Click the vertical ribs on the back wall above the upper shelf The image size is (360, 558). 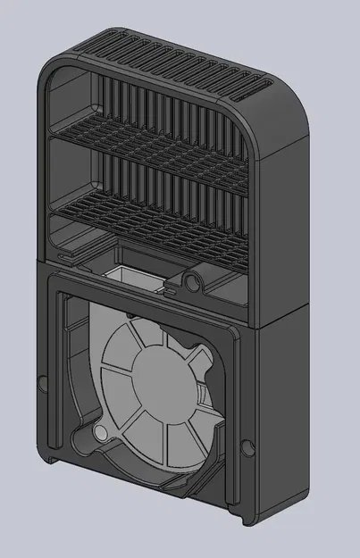point(152,107)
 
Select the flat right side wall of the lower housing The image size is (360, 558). point(284,411)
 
